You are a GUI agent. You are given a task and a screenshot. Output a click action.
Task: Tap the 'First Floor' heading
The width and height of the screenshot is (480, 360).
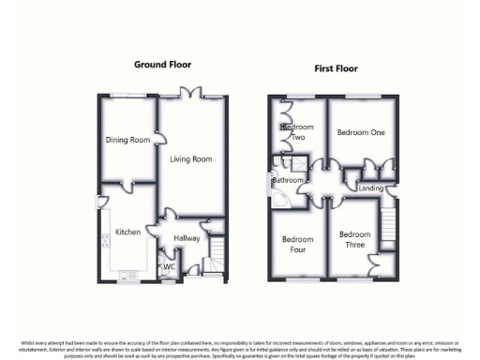point(336,68)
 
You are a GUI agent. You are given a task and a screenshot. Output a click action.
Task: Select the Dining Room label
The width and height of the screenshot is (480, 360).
point(127,141)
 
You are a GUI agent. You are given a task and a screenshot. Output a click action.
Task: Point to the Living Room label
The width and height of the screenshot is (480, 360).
point(190,159)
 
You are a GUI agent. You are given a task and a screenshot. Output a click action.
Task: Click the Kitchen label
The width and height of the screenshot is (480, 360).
point(127,232)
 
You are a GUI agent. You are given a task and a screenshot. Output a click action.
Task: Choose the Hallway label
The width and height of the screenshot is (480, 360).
point(187,238)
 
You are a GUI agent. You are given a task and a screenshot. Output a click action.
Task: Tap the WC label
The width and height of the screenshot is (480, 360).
point(170,266)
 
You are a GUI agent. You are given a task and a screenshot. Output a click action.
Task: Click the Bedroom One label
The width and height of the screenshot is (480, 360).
point(361,132)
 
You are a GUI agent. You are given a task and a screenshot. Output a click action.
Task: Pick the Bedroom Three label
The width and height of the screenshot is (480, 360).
point(354,240)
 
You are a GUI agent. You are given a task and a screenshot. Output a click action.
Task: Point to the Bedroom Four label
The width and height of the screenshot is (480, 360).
point(297,245)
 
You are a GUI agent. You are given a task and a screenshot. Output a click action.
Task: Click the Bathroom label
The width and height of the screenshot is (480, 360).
point(290,179)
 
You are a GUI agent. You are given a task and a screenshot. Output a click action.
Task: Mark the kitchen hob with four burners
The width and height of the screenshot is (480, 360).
point(107,241)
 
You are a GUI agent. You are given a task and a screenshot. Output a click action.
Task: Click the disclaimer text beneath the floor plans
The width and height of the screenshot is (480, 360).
point(240,348)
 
